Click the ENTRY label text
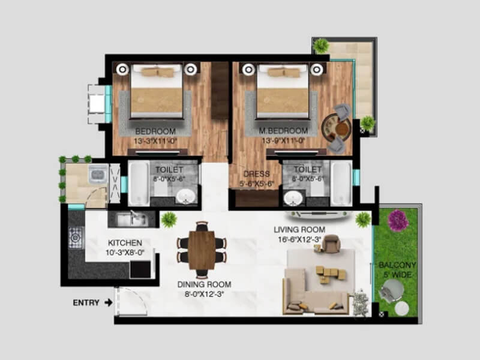(86, 302)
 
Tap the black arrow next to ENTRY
(108, 302)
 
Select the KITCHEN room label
(125, 242)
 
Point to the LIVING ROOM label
(299, 230)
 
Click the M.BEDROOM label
(283, 131)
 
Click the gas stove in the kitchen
(76, 238)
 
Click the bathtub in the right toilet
(341, 182)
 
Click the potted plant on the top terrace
(322, 46)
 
